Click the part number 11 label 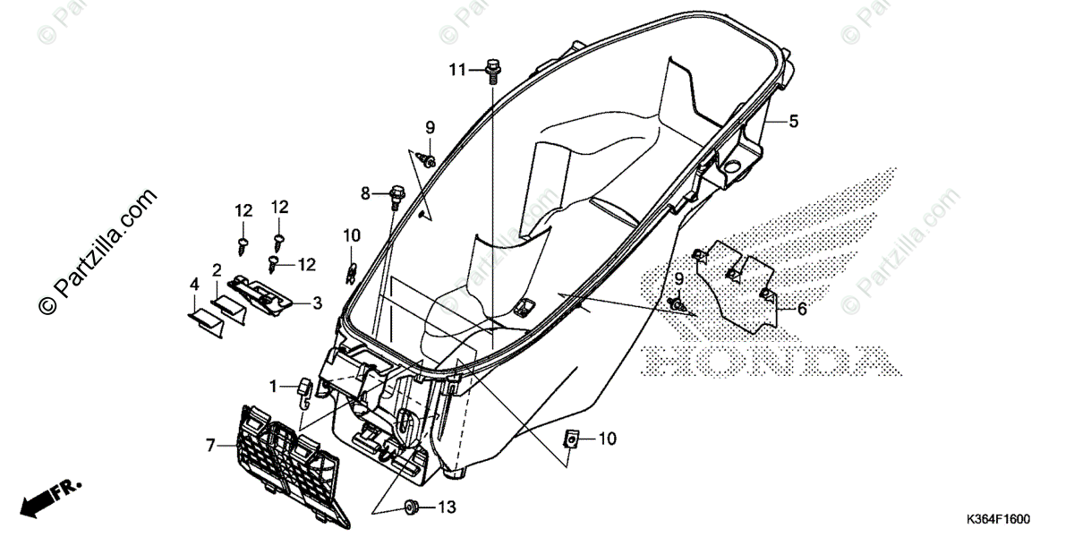coord(457,70)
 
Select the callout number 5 coord(793,121)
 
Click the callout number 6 coord(801,309)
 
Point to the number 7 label coord(210,444)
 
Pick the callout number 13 coord(447,507)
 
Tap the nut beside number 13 coord(413,507)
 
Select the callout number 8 coord(365,192)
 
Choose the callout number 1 coord(273,386)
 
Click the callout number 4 coord(194,285)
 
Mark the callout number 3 coord(316,303)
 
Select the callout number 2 coord(217,269)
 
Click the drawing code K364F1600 coord(997,520)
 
